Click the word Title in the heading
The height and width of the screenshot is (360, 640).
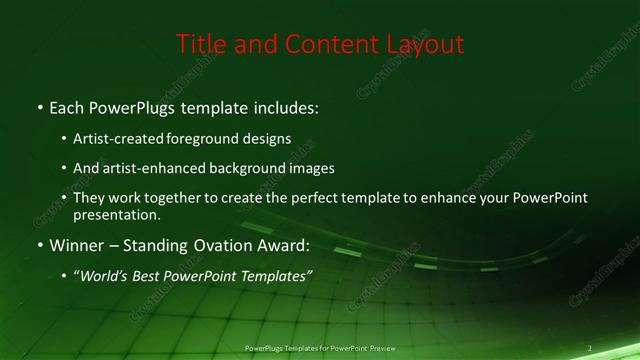point(199,44)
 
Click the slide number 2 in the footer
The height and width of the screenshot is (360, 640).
point(590,348)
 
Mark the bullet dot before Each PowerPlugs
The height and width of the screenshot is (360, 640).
point(39,107)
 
